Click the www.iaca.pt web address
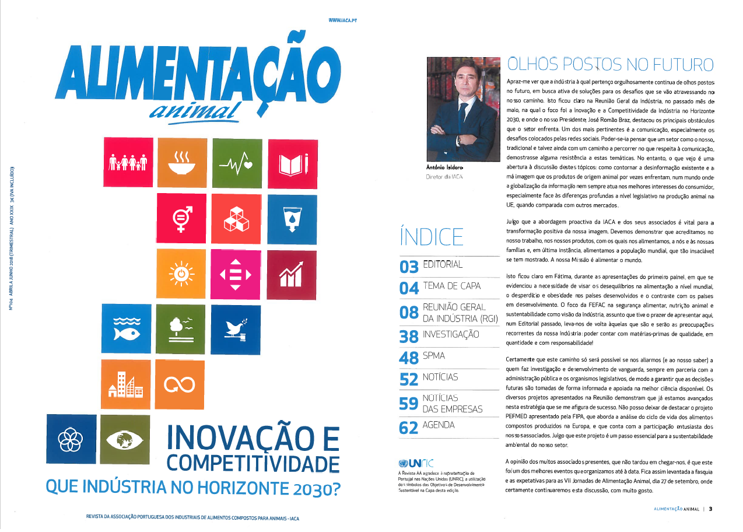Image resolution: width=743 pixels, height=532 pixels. pyautogui.click(x=342, y=20)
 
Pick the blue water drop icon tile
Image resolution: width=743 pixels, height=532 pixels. pyautogui.click(x=292, y=218)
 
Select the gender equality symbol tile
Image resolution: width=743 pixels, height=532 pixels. pyautogui.click(x=181, y=218)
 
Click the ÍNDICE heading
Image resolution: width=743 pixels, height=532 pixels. pyautogui.click(x=432, y=236)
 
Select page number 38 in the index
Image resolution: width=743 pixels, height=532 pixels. pyautogui.click(x=408, y=336)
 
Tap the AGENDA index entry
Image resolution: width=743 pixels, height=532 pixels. pyautogui.click(x=439, y=425)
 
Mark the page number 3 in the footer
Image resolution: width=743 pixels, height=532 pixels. pyautogui.click(x=711, y=509)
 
